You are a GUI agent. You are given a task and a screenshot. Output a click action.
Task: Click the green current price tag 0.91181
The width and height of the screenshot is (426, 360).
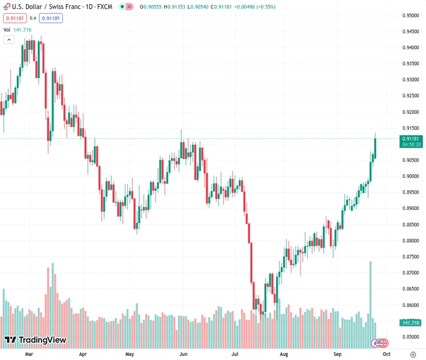[x=412, y=139]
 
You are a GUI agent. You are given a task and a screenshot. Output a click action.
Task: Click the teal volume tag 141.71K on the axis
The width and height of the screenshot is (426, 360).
[x=412, y=323]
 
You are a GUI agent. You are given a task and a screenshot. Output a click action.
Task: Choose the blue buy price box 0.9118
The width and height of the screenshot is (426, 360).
[x=51, y=18]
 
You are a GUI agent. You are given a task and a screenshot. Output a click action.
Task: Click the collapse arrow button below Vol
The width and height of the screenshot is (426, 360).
[x=9, y=40]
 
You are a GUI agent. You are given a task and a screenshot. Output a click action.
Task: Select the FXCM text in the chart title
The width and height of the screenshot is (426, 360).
[x=104, y=7]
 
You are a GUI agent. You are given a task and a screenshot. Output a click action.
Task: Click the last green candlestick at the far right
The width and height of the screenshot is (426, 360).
[x=375, y=145]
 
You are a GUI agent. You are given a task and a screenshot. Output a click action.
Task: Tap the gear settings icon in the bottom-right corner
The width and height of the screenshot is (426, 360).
[x=412, y=354]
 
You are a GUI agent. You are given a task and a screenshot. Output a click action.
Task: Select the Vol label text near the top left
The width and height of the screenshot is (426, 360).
[x=7, y=29]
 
